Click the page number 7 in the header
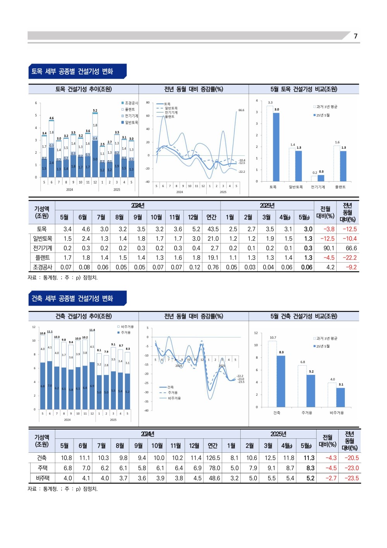356,36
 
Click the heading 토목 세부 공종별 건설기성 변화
72,71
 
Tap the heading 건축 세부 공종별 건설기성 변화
72,298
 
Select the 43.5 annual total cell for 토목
213,229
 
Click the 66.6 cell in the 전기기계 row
351,248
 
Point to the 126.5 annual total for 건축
213,458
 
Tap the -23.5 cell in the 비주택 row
351,478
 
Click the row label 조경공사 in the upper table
43,267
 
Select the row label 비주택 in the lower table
43,478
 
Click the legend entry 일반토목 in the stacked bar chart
131,122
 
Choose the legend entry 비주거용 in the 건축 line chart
174,398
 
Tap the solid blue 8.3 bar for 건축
281,381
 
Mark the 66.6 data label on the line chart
241,110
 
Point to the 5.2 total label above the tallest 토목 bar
95,110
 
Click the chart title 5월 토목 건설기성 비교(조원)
304,89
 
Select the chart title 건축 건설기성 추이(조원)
84,316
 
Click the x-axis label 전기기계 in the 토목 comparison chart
318,187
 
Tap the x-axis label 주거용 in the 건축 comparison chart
307,413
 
